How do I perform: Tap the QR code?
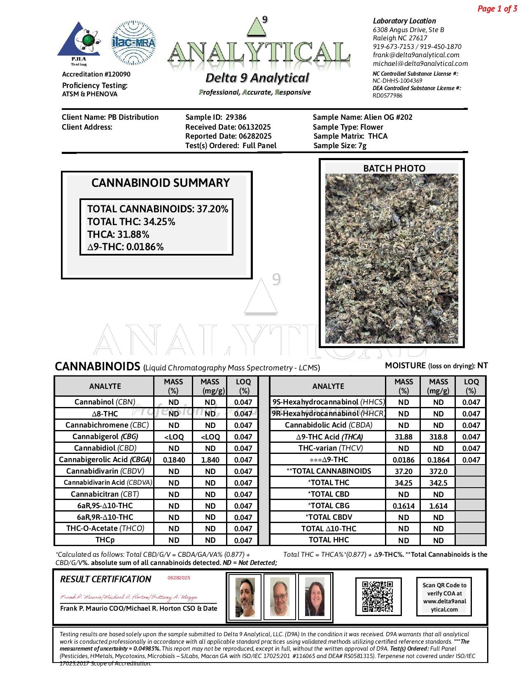(x=377, y=596)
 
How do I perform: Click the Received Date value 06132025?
(x=254, y=127)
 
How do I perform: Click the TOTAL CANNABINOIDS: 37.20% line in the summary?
(x=157, y=209)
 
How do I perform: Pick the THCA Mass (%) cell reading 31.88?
(x=404, y=437)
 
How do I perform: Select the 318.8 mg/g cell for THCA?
(x=438, y=437)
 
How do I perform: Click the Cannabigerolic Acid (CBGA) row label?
(x=105, y=460)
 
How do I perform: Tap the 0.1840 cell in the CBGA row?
(x=174, y=460)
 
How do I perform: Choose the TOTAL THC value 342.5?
(x=438, y=483)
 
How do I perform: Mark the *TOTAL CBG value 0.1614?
(x=404, y=506)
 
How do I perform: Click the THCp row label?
(x=105, y=540)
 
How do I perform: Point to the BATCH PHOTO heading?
(x=394, y=168)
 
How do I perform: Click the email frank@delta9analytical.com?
(x=416, y=55)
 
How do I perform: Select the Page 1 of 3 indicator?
(x=497, y=9)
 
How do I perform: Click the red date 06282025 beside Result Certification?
(x=179, y=578)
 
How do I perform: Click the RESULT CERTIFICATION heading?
(x=106, y=579)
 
